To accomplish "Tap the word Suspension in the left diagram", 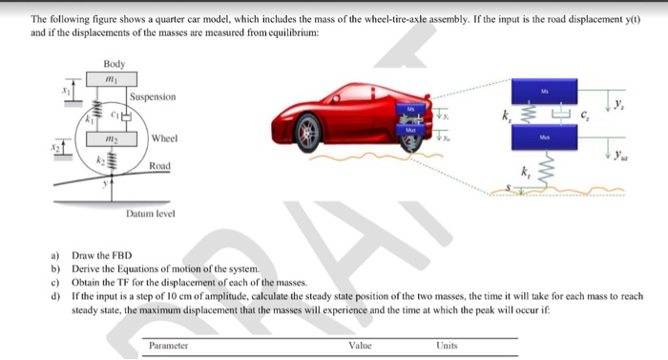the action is [x=153, y=97].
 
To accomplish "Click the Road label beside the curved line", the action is [x=158, y=166].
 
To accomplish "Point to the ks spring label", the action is [x=506, y=117].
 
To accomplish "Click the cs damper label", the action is [x=586, y=116].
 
